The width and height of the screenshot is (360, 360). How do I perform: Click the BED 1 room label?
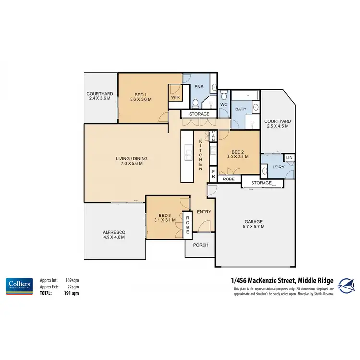point(141,96)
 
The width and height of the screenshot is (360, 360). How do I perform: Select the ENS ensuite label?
point(199,87)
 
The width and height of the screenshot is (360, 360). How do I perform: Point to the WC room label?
point(224,104)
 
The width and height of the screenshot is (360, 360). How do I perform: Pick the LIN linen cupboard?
point(289,157)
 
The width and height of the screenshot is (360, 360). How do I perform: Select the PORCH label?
point(201,245)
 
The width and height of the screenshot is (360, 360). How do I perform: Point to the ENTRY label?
point(204,211)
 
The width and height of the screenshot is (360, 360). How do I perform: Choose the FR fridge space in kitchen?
point(212,174)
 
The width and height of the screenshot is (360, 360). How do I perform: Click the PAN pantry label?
point(212,136)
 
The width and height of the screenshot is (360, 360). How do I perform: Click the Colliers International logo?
point(19,285)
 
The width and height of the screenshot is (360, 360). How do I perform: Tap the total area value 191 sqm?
point(72,292)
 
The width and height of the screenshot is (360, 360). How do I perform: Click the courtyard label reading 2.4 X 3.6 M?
point(100,96)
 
